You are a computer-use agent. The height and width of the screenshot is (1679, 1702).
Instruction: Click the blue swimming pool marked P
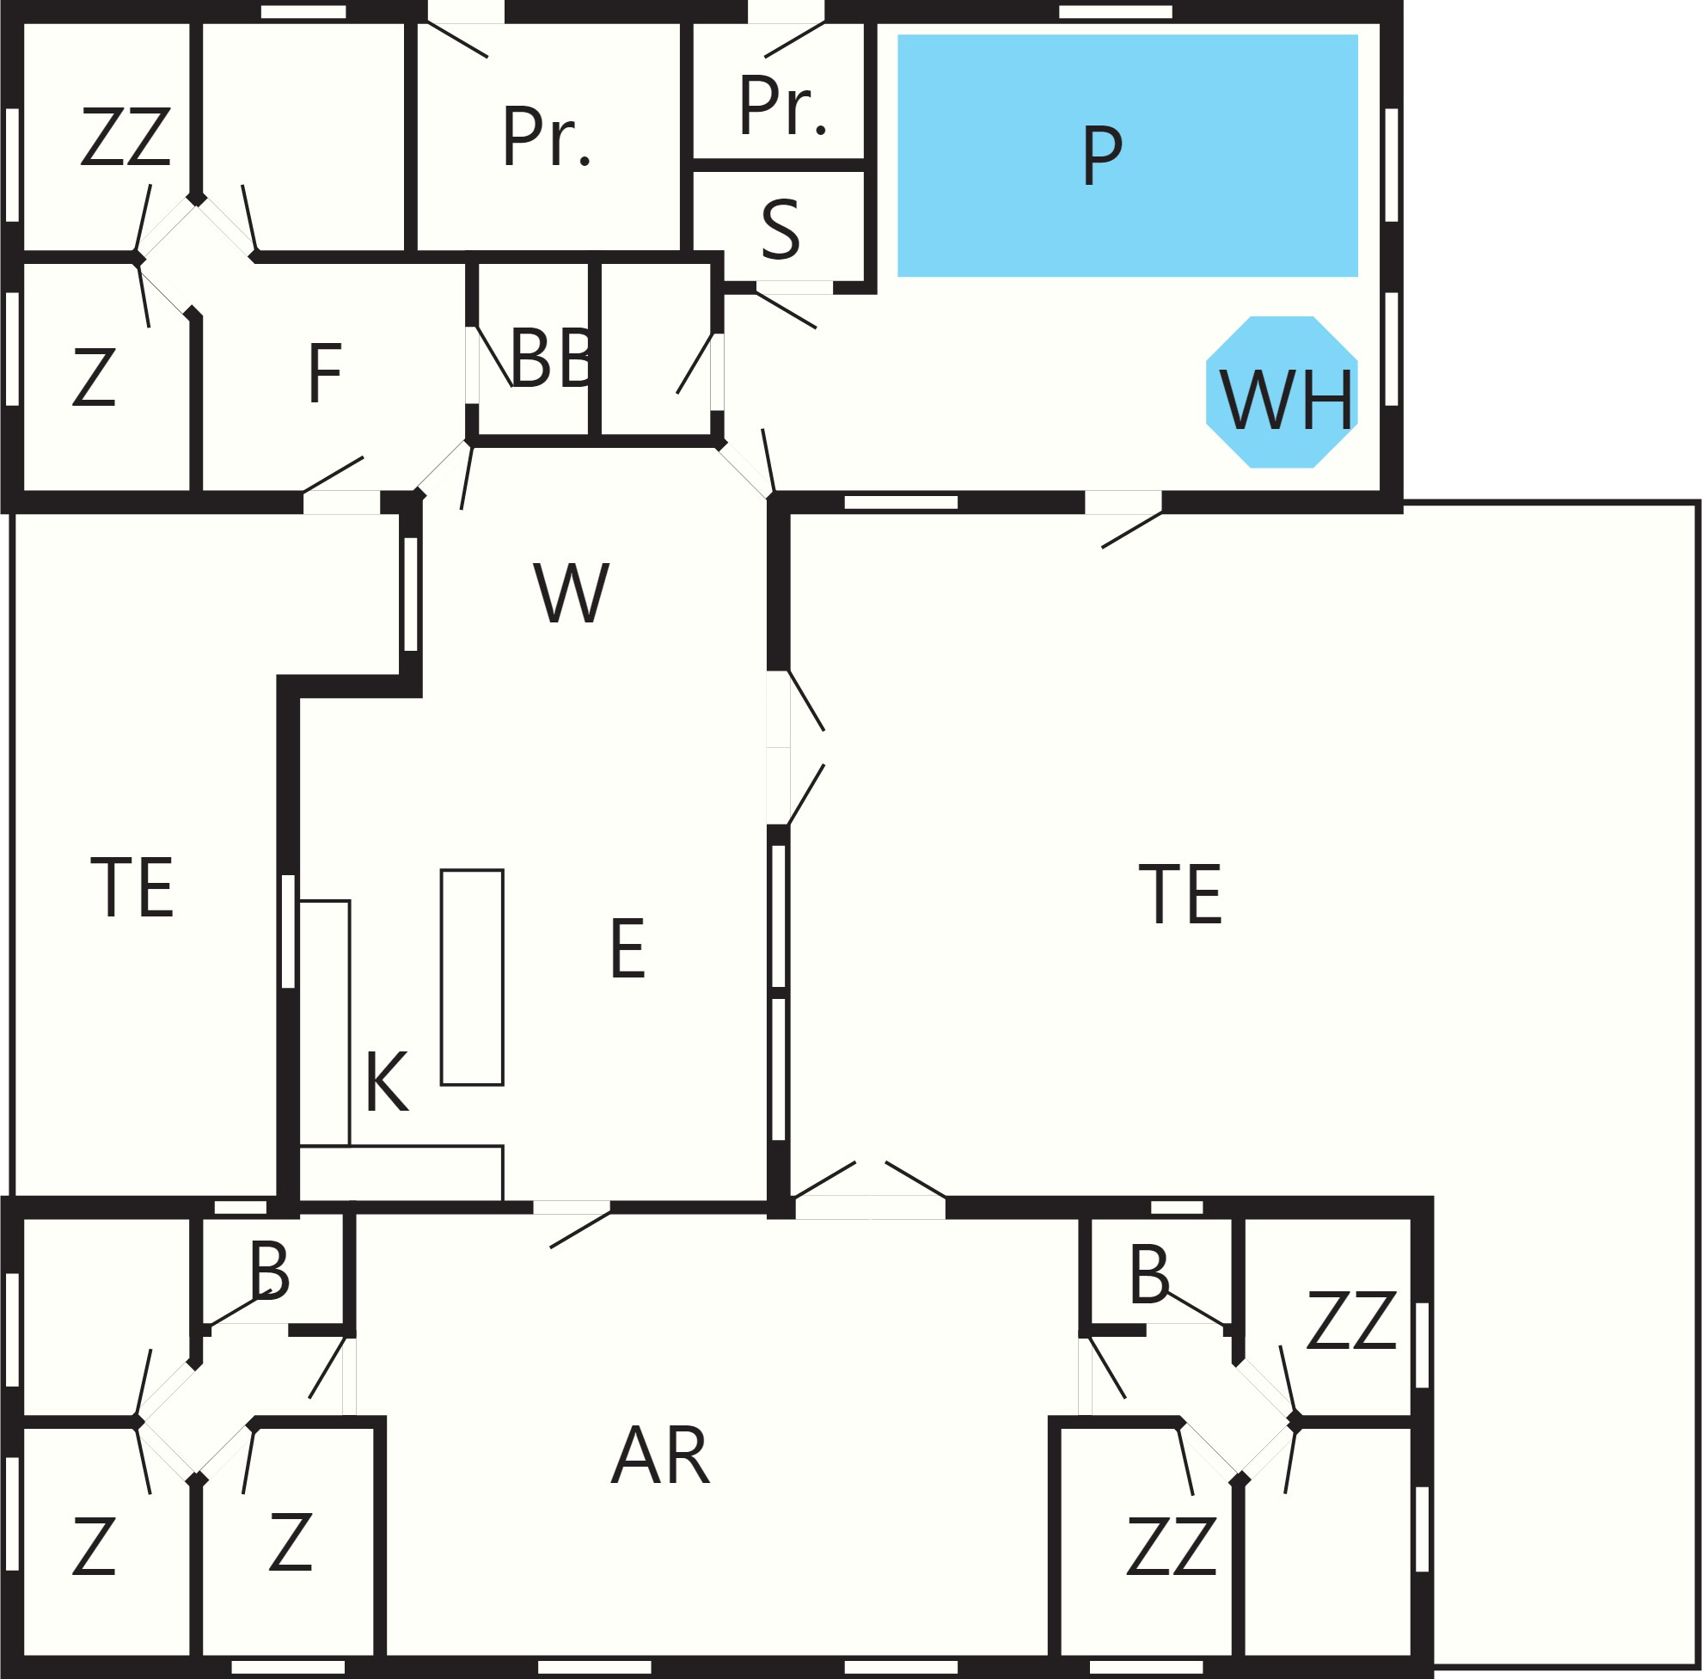(1128, 155)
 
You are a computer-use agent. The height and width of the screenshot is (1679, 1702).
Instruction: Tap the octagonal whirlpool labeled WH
(1282, 392)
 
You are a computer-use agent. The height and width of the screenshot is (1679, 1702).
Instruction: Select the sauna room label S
(781, 229)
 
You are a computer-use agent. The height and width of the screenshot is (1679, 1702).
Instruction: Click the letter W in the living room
(571, 593)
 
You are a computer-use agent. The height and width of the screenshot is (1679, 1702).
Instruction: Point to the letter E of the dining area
(628, 948)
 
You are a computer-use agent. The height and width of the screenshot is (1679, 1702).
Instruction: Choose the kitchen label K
(387, 1082)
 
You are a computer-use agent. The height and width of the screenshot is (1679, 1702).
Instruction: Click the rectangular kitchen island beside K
(472, 977)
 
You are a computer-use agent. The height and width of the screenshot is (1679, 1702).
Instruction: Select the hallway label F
(325, 373)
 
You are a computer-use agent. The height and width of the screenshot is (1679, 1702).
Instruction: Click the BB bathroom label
(553, 358)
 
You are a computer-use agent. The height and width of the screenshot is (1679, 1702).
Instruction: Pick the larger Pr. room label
(546, 136)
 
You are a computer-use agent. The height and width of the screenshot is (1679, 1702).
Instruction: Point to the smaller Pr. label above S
(782, 105)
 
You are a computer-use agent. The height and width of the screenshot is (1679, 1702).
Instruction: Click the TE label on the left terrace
(132, 887)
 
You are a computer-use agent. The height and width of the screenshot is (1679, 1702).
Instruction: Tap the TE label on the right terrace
(1180, 894)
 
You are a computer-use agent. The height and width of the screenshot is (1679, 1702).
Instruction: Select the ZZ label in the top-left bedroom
(126, 136)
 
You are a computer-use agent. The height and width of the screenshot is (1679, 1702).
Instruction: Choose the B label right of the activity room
(1149, 1274)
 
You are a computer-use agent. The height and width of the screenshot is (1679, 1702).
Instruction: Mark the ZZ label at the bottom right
(1172, 1546)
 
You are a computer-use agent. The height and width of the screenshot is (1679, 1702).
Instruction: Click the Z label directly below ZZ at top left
(94, 377)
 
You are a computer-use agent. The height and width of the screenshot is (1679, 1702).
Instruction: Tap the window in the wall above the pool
(1115, 11)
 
